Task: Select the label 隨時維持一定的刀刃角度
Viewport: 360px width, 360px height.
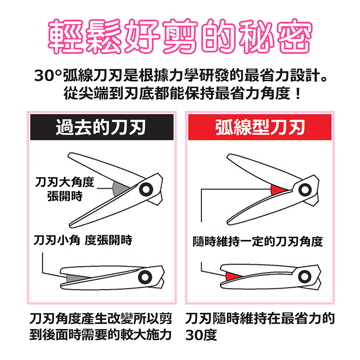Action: (257, 241)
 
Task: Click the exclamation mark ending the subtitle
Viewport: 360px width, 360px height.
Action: (296, 95)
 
